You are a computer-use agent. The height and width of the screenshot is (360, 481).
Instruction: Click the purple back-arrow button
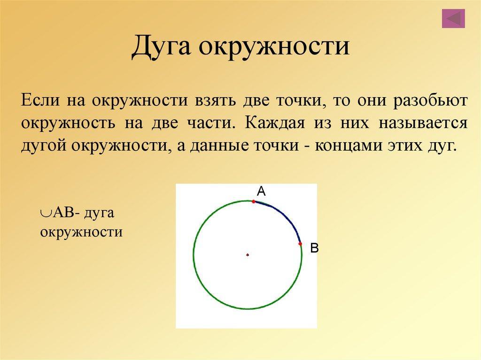coord(453,19)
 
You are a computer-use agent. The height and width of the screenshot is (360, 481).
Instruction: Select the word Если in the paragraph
coord(40,100)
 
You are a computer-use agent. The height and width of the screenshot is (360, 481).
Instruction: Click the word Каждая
coord(275,123)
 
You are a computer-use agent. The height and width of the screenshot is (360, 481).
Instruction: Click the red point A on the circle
coord(253,201)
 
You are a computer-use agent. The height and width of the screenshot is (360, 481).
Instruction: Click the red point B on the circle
coord(300,244)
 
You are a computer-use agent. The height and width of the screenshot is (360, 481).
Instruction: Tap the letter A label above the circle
coord(261,191)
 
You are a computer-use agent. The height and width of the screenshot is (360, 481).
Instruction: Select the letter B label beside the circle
coord(314,248)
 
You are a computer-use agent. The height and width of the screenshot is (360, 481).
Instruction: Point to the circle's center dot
coord(248,254)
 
